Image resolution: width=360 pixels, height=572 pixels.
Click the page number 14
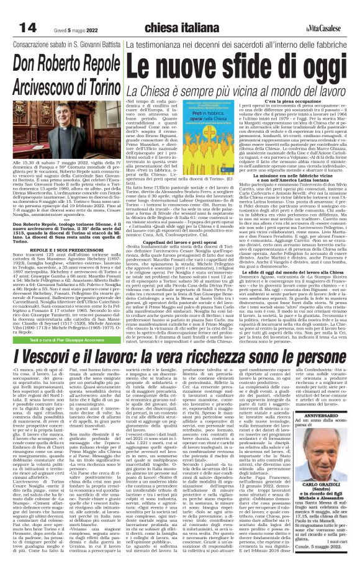click(18, 29)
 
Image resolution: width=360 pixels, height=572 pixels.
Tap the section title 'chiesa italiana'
click(181, 29)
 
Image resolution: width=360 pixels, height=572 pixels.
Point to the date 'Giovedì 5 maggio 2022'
click(74, 29)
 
